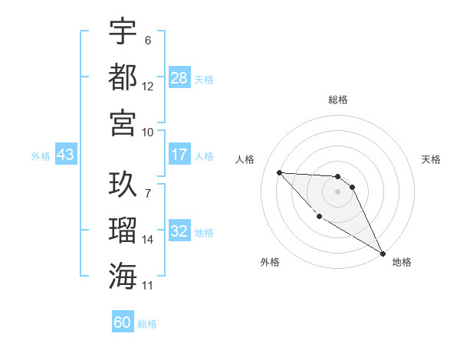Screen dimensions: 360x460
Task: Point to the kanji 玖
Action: [123, 185]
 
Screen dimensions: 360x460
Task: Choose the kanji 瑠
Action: [123, 230]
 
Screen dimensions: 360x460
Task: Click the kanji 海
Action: [123, 275]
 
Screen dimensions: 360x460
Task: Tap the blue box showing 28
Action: [179, 78]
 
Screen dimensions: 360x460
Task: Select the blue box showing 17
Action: [179, 155]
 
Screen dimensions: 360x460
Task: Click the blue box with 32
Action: [179, 232]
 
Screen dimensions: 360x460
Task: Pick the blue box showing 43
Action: [65, 155]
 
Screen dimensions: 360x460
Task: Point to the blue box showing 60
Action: [123, 322]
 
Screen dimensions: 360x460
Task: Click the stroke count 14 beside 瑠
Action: [148, 240]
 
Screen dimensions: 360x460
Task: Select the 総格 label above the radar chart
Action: [337, 100]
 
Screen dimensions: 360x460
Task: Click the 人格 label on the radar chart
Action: [246, 159]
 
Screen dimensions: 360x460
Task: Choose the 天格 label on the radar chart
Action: [431, 159]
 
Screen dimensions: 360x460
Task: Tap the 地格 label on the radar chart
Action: [402, 262]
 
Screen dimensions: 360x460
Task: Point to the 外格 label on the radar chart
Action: [270, 262]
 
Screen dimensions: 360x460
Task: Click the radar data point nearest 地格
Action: [383, 254]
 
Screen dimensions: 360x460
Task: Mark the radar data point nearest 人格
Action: [279, 172]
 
